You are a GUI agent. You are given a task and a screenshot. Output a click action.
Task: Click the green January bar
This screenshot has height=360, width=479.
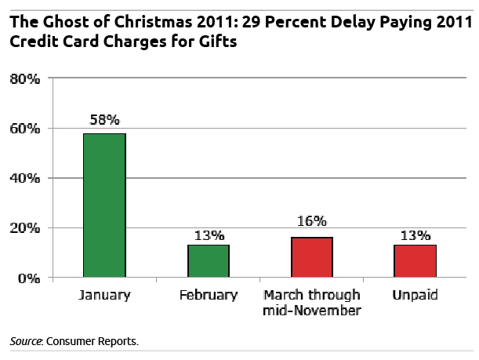tap(104, 205)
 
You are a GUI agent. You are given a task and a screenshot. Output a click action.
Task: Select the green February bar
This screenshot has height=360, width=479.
tap(208, 261)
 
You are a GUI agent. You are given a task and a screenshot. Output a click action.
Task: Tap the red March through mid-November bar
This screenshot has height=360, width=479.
tap(311, 257)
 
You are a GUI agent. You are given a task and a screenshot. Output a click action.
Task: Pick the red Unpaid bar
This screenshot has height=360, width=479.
tap(415, 261)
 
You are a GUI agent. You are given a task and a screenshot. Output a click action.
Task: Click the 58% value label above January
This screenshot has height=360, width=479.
tap(104, 120)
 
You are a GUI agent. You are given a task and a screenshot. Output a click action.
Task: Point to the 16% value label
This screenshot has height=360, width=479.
tap(311, 222)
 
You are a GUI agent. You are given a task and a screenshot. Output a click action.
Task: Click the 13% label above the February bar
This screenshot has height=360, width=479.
tap(208, 235)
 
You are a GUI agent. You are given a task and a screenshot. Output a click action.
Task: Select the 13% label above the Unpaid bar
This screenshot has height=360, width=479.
tap(415, 235)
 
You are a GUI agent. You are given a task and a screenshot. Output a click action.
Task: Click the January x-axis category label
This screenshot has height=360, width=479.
tap(104, 296)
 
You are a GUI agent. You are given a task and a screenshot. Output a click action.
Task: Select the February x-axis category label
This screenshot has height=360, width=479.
tap(208, 296)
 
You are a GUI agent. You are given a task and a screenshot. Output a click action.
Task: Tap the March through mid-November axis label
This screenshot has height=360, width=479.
tap(311, 302)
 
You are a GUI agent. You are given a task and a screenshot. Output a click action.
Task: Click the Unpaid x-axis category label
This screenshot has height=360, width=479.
tap(415, 296)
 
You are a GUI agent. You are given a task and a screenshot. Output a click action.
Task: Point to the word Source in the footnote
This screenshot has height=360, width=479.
tap(26, 342)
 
